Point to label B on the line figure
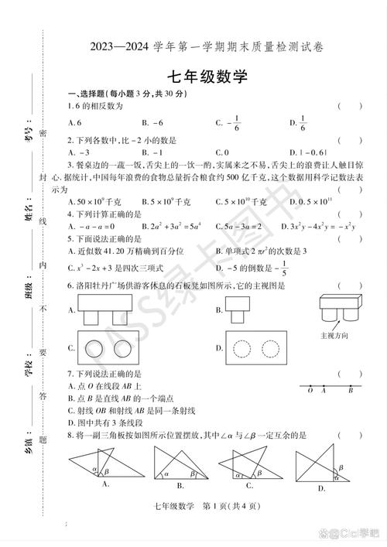(x=351, y=391)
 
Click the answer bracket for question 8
(x=349, y=436)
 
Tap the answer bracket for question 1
(x=349, y=106)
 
